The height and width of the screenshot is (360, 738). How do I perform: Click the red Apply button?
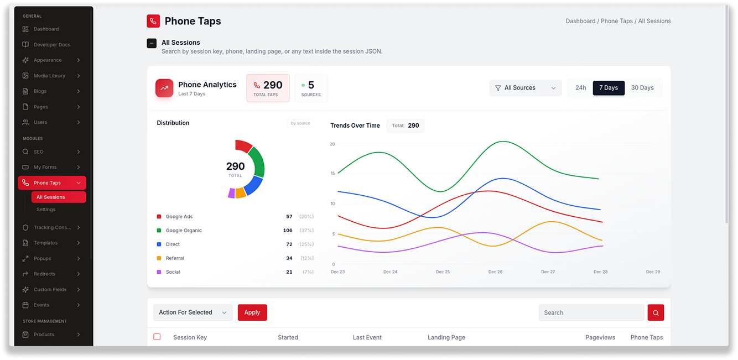(252, 312)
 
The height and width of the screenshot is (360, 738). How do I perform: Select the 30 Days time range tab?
(642, 87)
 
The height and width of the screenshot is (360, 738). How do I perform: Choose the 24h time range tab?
(580, 87)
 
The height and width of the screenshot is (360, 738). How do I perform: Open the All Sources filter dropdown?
(526, 88)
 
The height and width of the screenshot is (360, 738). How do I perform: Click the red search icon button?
(656, 312)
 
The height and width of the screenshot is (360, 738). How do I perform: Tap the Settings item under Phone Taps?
(46, 210)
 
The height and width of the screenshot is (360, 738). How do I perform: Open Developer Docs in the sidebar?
(51, 44)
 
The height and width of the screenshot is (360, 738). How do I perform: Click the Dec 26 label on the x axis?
(495, 272)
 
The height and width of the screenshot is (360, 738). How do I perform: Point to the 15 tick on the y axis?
(332, 173)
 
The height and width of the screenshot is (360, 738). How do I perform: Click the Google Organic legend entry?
(184, 230)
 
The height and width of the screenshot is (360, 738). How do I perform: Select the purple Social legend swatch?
(159, 272)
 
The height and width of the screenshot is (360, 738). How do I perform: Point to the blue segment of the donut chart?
(254, 185)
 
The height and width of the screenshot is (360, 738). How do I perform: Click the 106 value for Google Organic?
(288, 230)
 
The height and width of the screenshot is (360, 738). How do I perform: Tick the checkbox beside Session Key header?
(157, 337)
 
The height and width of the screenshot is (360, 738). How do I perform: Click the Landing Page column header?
(446, 337)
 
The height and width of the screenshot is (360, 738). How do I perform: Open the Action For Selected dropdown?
(193, 312)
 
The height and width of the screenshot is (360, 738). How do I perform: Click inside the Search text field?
(591, 312)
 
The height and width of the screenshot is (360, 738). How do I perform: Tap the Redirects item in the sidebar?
(44, 274)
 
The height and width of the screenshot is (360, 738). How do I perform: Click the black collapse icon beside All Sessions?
(152, 43)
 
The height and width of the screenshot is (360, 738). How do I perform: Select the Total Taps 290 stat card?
(268, 88)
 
